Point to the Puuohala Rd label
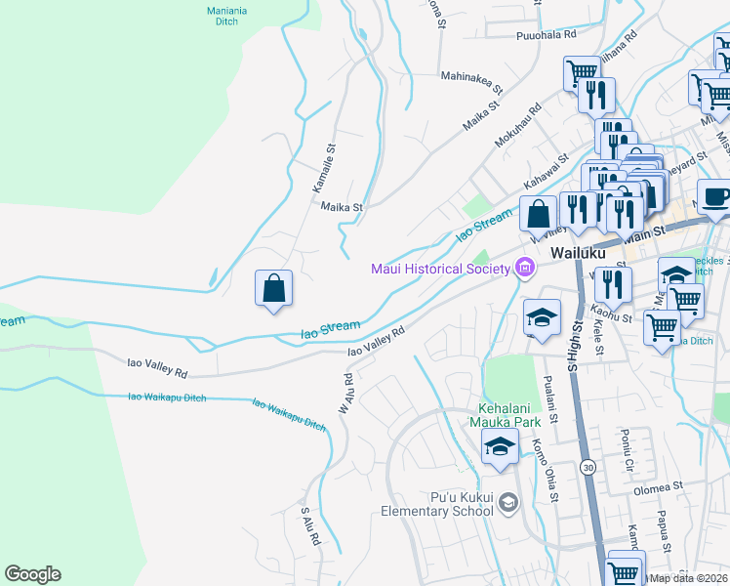pos(547,34)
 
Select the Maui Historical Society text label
pos(440,269)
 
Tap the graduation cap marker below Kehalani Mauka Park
pos(500,447)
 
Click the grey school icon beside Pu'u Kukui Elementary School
pos(507,503)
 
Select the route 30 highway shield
pos(587,468)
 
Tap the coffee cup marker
pos(715,196)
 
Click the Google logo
pos(33,574)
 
